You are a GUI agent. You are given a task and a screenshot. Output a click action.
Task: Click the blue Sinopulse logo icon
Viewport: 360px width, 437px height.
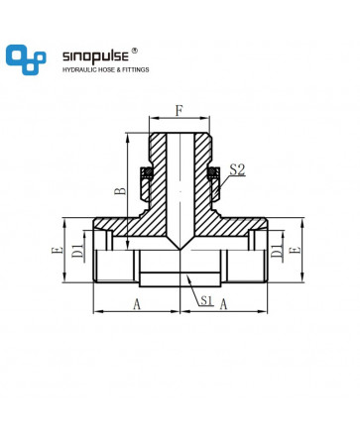click(26, 59)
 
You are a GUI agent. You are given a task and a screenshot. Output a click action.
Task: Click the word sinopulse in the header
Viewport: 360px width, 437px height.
click(95, 56)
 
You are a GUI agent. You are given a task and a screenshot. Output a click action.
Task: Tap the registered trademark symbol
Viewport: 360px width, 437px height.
click(135, 51)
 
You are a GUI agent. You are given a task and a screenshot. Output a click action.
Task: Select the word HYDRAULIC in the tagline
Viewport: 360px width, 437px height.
click(79, 69)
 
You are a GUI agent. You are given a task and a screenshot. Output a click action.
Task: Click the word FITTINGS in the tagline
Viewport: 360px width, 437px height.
click(136, 69)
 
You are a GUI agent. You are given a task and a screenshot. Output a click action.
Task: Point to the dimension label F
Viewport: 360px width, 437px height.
click(179, 111)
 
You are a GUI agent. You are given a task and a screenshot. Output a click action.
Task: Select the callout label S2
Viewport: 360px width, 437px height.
click(237, 169)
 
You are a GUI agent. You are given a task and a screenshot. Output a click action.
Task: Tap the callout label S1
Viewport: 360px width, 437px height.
click(206, 300)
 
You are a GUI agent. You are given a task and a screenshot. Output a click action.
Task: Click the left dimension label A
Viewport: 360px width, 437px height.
click(137, 304)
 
